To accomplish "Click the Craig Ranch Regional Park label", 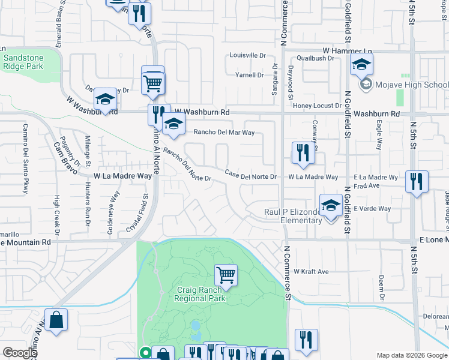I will click(200, 293).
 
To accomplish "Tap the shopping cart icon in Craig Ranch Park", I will click(226, 275).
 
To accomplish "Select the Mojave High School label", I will click(412, 85).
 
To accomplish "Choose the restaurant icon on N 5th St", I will click(417, 181).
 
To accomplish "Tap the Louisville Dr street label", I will click(248, 55).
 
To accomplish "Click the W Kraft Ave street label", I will click(311, 272).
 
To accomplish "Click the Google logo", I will click(19, 353).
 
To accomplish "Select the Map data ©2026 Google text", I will click(411, 355).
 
